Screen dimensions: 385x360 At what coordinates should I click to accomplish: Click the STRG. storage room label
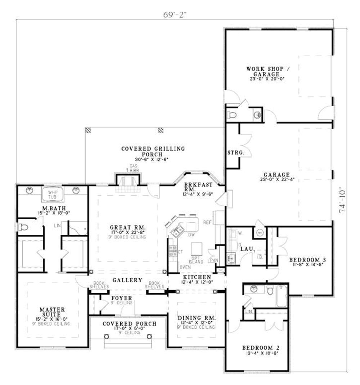pyautogui.click(x=236, y=153)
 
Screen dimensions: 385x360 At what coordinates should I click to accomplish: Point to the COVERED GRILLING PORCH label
pyautogui.click(x=153, y=151)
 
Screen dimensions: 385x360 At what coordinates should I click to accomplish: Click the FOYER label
pyautogui.click(x=121, y=299)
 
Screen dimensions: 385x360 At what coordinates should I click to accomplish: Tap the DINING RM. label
pyautogui.click(x=197, y=318)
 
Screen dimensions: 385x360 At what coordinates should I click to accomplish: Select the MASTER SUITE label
pyautogui.click(x=52, y=312)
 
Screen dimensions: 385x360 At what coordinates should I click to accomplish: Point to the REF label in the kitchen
pyautogui.click(x=207, y=222)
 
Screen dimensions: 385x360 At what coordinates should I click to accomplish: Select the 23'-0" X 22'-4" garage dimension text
pyautogui.click(x=275, y=179)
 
